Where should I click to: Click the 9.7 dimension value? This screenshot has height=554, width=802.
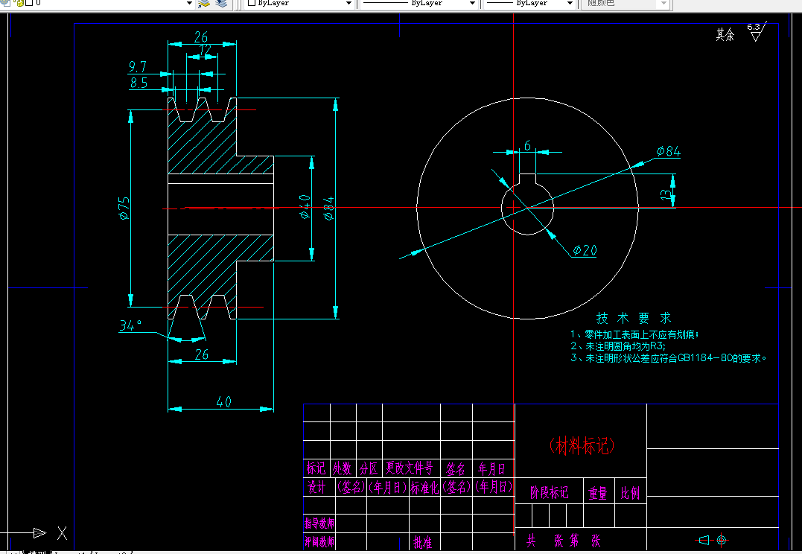pyautogui.click(x=138, y=67)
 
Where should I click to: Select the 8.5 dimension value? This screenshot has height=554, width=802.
pyautogui.click(x=139, y=83)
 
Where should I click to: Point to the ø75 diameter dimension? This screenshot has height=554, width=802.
pyautogui.click(x=124, y=208)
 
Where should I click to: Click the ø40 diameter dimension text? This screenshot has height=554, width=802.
pyautogui.click(x=305, y=206)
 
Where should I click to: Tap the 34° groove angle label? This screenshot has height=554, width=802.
pyautogui.click(x=130, y=325)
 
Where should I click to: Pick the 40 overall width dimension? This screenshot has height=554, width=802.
pyautogui.click(x=223, y=402)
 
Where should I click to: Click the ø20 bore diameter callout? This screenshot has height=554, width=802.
pyautogui.click(x=585, y=250)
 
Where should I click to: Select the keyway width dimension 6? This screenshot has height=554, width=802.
pyautogui.click(x=527, y=146)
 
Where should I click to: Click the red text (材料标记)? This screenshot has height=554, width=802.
pyautogui.click(x=582, y=445)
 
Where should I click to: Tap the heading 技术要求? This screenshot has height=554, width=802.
pyautogui.click(x=634, y=318)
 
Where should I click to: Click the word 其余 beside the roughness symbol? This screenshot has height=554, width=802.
pyautogui.click(x=725, y=35)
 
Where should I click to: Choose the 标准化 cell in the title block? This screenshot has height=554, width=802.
pyautogui.click(x=425, y=488)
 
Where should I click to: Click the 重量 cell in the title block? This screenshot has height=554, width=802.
pyautogui.click(x=598, y=493)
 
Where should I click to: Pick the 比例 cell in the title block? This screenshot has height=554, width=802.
pyautogui.click(x=630, y=493)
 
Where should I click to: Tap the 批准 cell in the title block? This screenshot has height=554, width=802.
pyautogui.click(x=422, y=541)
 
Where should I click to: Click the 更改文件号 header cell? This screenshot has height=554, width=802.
pyautogui.click(x=409, y=468)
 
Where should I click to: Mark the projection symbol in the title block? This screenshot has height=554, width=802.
pyautogui.click(x=711, y=539)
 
